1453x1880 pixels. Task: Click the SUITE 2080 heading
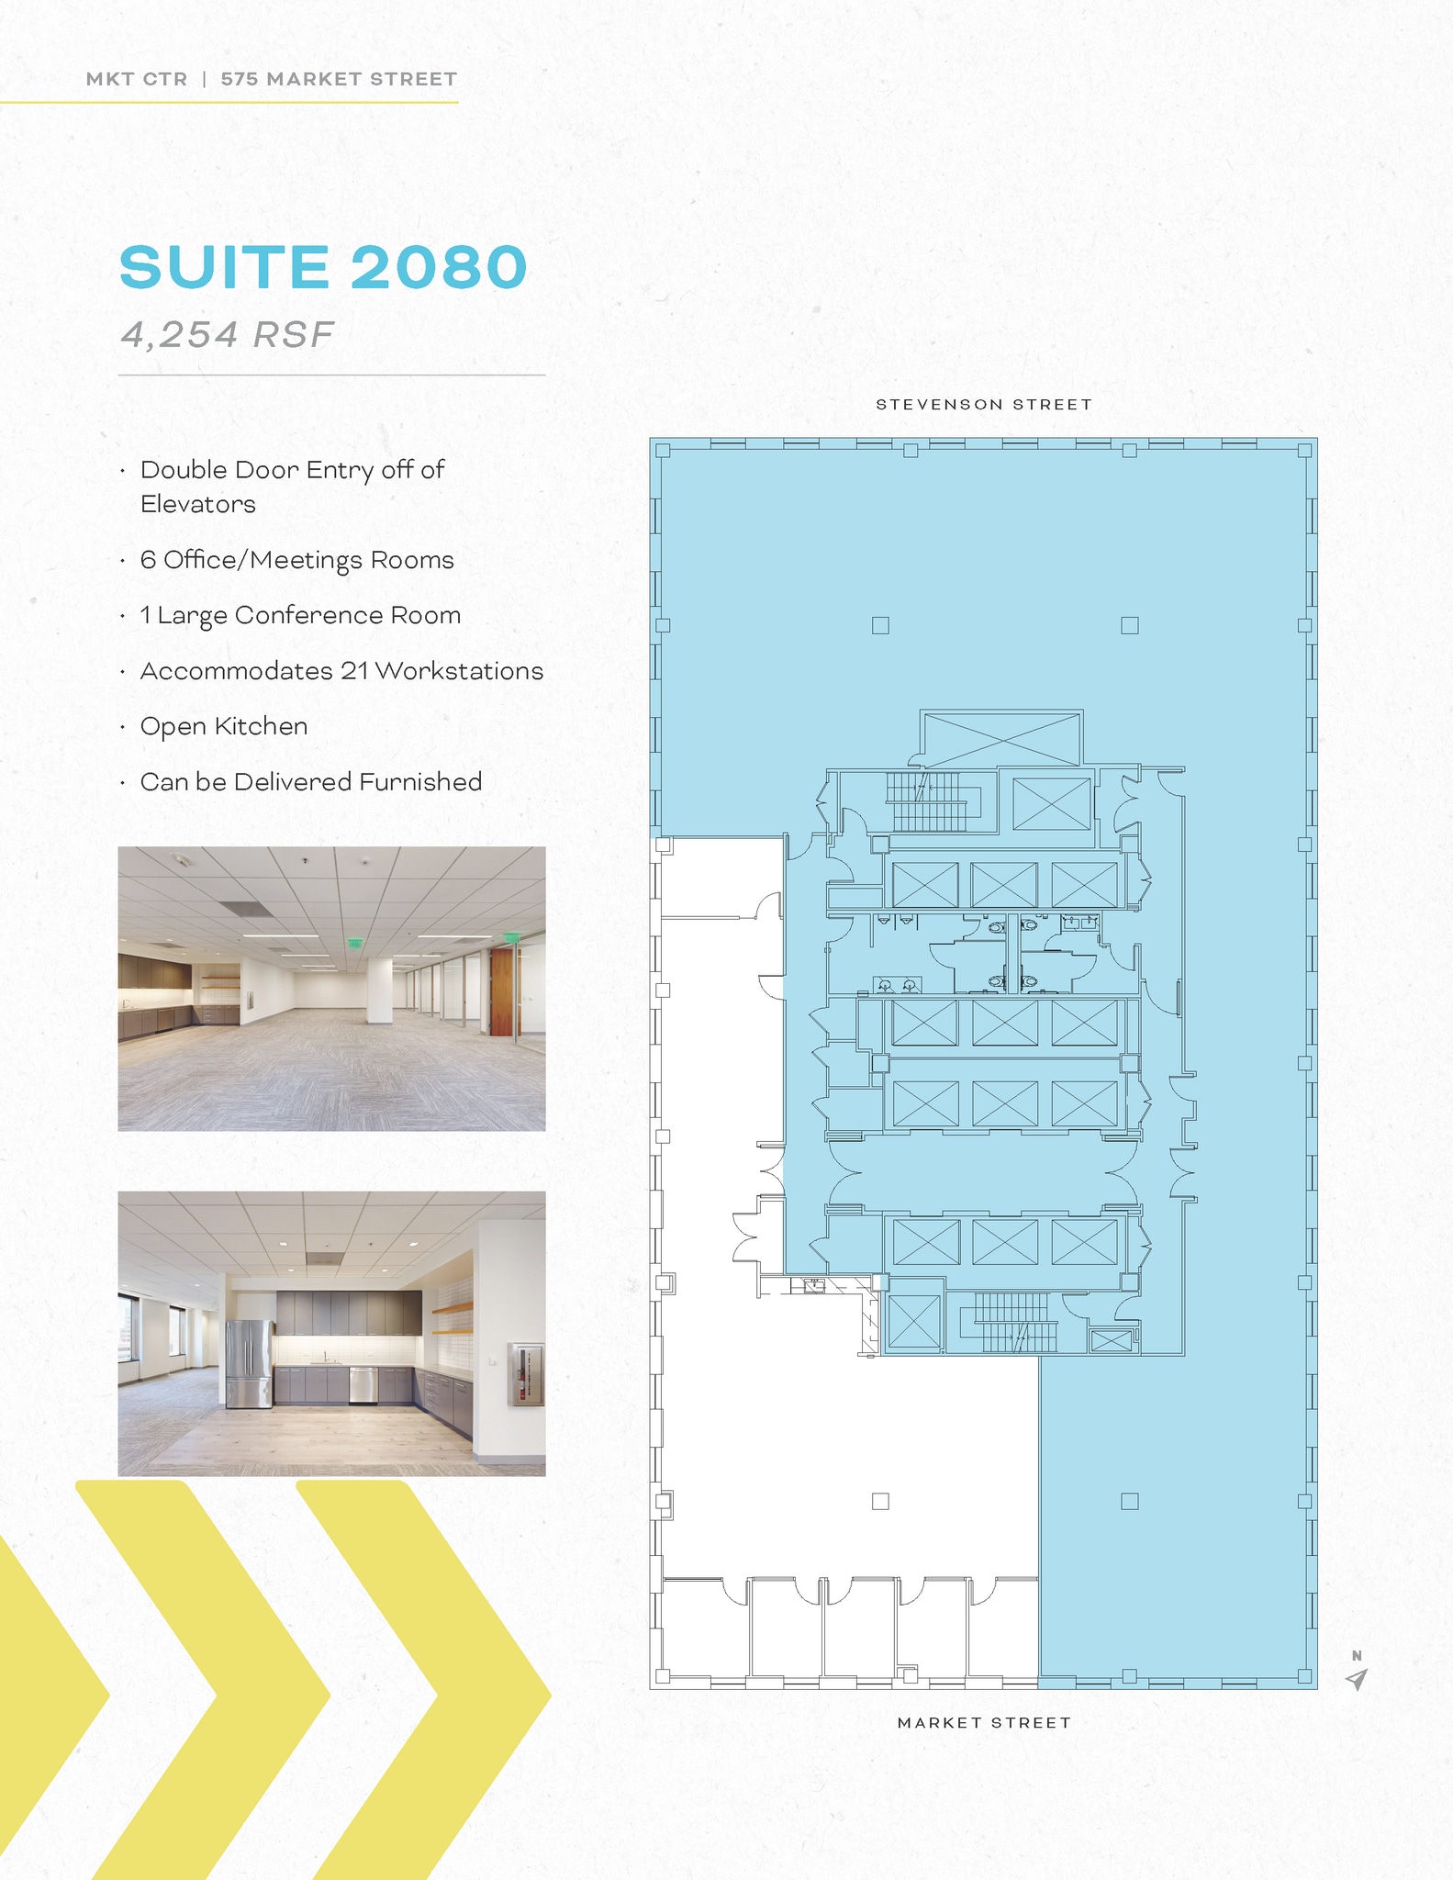[x=323, y=267]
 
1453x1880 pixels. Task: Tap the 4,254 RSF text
[x=228, y=335]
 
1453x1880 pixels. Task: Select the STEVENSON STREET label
[x=984, y=405]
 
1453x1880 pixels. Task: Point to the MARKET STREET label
[x=984, y=1723]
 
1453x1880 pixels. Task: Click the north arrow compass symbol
[x=1357, y=1679]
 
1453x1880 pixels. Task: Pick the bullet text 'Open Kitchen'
[x=224, y=726]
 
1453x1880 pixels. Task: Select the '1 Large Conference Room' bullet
[x=300, y=615]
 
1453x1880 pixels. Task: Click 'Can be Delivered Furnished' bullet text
[x=311, y=782]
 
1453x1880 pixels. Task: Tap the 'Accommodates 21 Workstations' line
[x=341, y=671]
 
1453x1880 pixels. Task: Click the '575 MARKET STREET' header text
[x=339, y=79]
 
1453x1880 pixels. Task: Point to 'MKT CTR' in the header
[x=137, y=79]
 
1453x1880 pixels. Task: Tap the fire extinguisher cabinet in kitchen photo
[x=525, y=1374]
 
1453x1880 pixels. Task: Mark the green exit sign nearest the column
[x=354, y=943]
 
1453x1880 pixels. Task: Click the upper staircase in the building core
[x=927, y=801]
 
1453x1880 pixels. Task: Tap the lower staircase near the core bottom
[x=1012, y=1323]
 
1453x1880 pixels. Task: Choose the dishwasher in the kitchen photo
[x=363, y=1385]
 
